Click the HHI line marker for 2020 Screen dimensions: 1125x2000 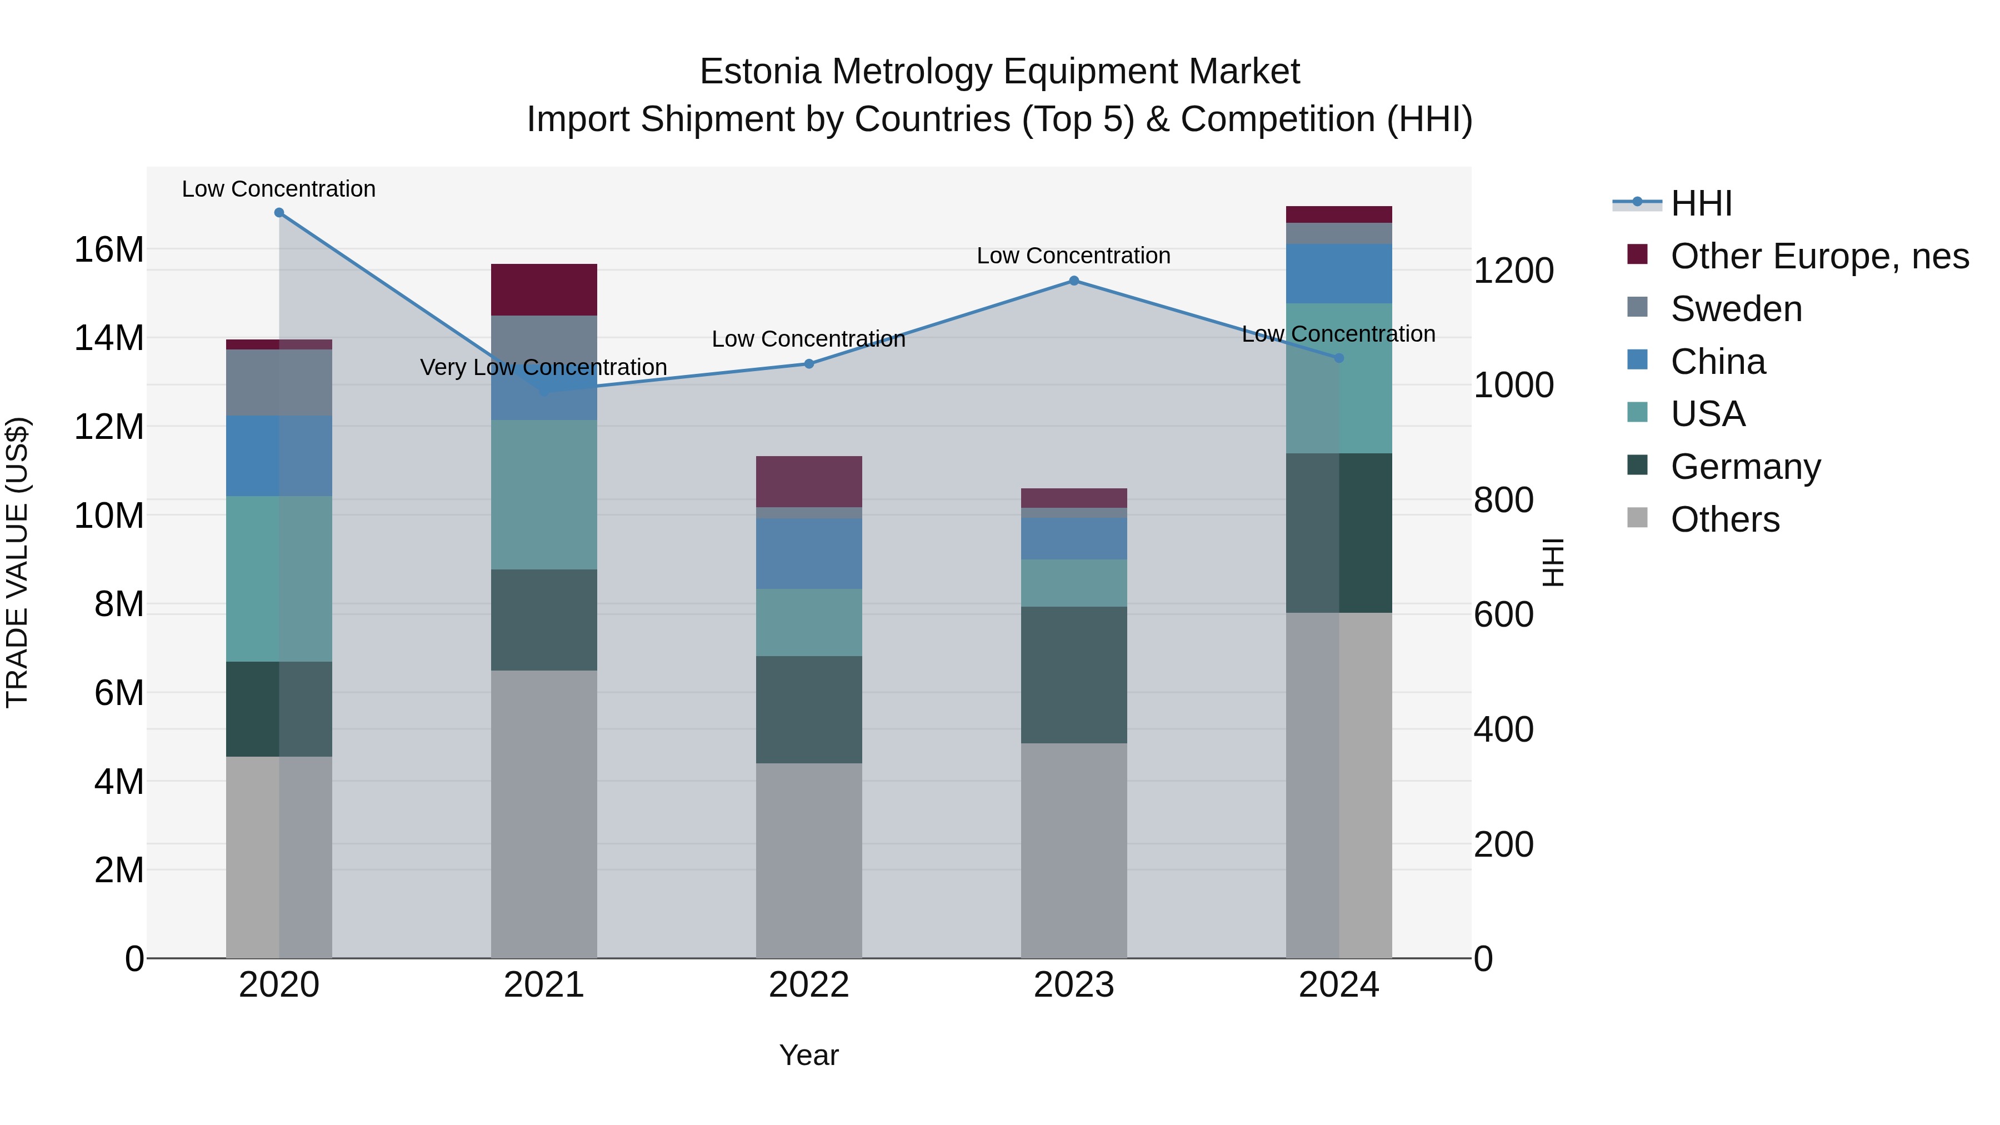coord(279,213)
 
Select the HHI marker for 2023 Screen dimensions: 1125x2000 coord(1074,281)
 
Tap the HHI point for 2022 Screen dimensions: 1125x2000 coord(809,364)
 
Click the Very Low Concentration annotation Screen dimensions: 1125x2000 coord(543,367)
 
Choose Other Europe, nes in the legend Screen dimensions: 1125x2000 coord(1819,256)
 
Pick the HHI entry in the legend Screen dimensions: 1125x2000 coord(1701,203)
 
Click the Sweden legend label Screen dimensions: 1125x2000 coord(1736,309)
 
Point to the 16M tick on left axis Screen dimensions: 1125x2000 coord(109,250)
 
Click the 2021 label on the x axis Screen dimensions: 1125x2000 coord(543,985)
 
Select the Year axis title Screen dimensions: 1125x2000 coord(809,1055)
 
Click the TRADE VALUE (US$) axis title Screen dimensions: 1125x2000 coord(17,562)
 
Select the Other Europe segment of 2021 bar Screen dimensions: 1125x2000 coord(543,289)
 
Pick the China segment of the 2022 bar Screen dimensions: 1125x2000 coord(809,553)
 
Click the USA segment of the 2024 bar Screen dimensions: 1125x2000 coord(1338,378)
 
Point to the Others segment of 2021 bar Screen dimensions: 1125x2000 coord(543,814)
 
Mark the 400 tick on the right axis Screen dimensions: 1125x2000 coord(1503,730)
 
